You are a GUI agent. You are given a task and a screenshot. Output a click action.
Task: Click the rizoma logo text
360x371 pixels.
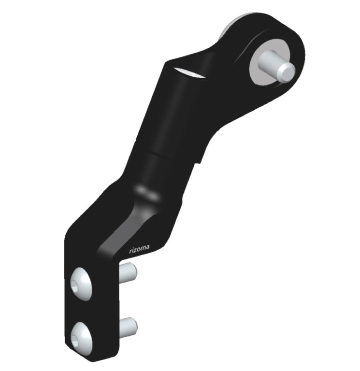click(139, 249)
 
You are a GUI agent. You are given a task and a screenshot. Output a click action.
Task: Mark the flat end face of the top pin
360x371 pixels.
click(288, 73)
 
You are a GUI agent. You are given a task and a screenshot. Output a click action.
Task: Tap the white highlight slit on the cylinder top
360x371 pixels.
click(189, 73)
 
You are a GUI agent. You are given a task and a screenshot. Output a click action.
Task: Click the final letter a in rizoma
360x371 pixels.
click(147, 248)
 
